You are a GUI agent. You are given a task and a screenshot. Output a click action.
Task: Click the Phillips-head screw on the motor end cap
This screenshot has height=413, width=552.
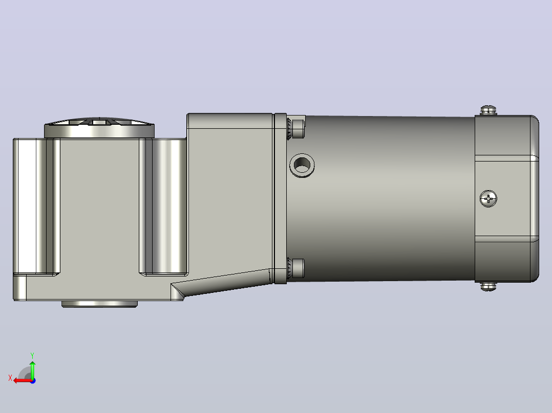[489, 199]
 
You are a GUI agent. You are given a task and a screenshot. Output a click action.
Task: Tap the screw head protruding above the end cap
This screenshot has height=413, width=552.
[489, 110]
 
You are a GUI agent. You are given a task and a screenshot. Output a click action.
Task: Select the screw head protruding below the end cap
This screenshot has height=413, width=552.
[489, 286]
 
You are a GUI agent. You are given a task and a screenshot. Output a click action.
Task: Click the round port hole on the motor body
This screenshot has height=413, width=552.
[302, 165]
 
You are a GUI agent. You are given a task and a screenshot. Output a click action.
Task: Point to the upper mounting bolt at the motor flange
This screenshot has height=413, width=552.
[296, 129]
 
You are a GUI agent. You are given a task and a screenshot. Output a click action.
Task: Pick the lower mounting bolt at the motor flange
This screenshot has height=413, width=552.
[296, 268]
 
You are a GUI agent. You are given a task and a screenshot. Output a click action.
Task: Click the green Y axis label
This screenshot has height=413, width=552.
[32, 355]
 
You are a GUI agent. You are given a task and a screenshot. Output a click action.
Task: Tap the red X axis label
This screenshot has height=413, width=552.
[10, 378]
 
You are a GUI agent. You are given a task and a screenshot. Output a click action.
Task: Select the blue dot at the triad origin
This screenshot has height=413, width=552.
[33, 381]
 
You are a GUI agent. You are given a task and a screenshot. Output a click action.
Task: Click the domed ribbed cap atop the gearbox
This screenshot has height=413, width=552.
[99, 127]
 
